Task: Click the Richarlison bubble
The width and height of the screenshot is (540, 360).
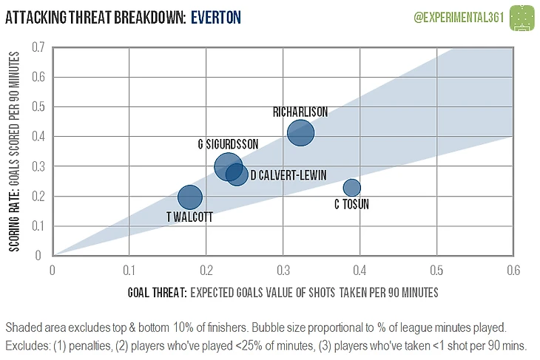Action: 300,133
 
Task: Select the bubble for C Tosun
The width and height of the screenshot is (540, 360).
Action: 351,188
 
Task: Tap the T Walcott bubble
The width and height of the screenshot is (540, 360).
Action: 190,197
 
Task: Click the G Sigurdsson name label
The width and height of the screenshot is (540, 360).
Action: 228,144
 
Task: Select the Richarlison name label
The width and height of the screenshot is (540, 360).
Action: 300,112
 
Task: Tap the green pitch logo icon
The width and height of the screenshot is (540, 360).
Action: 522,16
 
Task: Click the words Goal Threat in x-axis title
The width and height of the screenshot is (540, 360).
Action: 155,293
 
